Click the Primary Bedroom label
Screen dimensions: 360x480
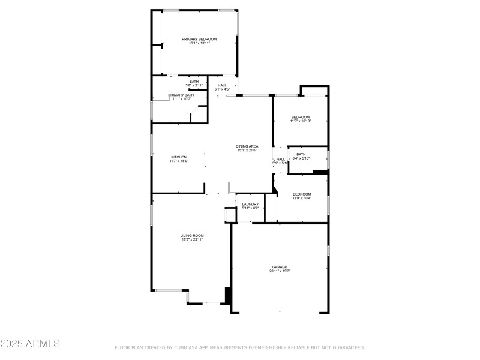199,39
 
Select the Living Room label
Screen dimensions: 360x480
192,235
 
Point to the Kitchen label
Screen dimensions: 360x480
179,157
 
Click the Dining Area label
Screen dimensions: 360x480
247,146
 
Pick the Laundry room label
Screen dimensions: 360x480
250,204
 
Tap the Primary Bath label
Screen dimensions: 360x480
181,95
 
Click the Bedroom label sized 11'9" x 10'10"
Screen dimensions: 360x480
301,117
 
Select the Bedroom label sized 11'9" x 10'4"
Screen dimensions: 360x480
302,194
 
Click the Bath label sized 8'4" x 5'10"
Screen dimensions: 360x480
301,154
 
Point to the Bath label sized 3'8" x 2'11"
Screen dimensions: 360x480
194,82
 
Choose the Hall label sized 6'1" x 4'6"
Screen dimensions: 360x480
222,85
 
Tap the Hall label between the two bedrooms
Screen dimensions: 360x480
280,159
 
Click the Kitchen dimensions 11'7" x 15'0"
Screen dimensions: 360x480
179,161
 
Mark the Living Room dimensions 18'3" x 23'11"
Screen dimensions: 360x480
192,239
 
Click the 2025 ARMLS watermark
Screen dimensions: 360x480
30,344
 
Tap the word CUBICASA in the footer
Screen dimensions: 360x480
188,347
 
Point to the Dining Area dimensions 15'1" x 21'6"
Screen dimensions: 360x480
247,151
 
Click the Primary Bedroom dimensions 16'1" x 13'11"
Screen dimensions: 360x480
199,43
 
